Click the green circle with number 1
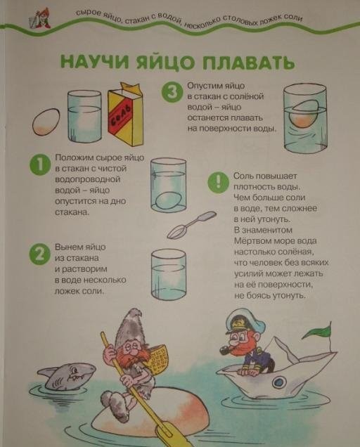40,165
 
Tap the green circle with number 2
40,254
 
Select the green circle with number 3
172,92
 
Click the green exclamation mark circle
218,182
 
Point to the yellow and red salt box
126,115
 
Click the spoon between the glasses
191,225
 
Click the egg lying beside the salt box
46,122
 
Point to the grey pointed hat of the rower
130,325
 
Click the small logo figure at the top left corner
40,18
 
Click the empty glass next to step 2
169,275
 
